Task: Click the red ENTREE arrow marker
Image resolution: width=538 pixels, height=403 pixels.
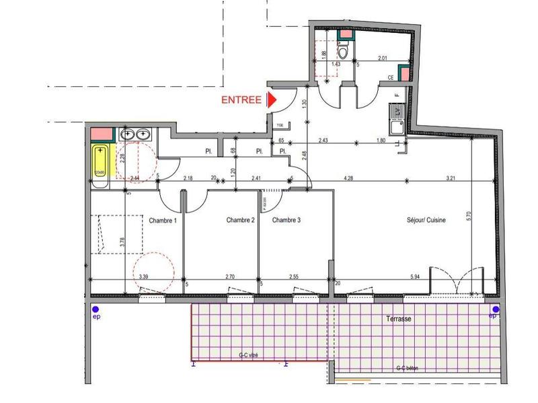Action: point(272,100)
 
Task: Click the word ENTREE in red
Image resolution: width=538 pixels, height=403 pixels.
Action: point(241,100)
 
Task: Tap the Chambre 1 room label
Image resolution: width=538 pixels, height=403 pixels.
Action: point(163,220)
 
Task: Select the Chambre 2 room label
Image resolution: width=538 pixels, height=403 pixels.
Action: point(240,220)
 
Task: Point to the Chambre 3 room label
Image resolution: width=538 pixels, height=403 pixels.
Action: point(286,220)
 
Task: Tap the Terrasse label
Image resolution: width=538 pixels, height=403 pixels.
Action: point(399,319)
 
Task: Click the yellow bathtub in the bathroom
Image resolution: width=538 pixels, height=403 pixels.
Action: point(100,162)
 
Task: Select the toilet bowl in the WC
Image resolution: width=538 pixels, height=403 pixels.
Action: point(344,50)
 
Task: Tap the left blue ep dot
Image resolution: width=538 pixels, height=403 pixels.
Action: point(95,309)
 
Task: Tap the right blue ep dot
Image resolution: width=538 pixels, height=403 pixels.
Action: point(495,309)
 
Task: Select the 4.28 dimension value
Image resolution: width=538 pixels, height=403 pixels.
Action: point(349,178)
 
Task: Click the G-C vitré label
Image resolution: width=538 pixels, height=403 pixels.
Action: point(249,355)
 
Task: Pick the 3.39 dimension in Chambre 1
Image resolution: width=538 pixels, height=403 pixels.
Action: point(143,277)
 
